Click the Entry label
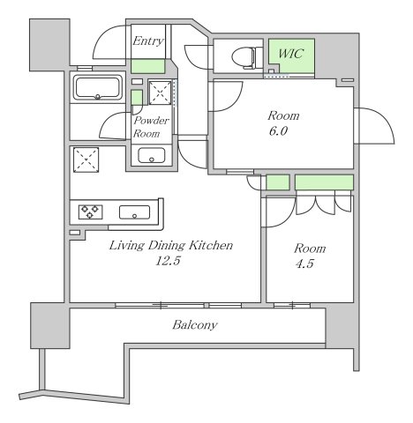click(x=146, y=41)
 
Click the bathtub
click(x=97, y=88)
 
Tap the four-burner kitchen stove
click(x=91, y=211)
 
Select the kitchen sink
click(x=135, y=211)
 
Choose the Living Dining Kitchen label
click(x=170, y=246)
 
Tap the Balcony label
click(x=195, y=325)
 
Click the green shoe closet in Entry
click(x=148, y=66)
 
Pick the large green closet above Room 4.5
click(x=323, y=182)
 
